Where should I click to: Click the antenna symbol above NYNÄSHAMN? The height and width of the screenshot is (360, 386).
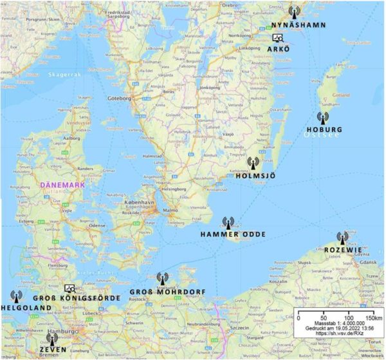[293, 11]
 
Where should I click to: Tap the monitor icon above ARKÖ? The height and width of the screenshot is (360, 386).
[277, 39]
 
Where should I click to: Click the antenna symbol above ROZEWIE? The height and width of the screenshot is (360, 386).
[342, 239]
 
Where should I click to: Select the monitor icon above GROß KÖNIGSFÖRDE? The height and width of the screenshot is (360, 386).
[71, 288]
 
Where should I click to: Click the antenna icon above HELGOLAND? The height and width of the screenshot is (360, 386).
[16, 296]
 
